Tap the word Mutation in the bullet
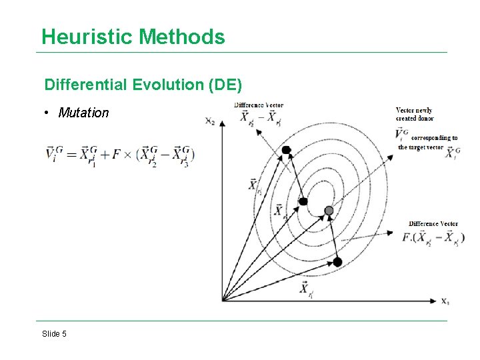pos(83,113)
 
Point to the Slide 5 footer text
pos(54,334)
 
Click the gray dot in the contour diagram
pos(329,211)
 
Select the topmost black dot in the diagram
pos(287,150)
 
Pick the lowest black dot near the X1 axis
pos(337,262)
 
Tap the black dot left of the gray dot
pos(303,201)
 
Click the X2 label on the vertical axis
pos(210,121)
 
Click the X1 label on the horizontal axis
pos(445,301)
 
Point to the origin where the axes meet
pos(223,301)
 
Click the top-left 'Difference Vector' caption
pos(259,105)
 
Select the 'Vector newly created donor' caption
pos(415,114)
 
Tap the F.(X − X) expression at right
pos(433,237)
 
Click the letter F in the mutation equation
pos(117,154)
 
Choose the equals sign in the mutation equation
pos(69,154)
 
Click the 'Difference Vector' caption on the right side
pos(433,224)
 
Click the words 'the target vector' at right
pos(420,147)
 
